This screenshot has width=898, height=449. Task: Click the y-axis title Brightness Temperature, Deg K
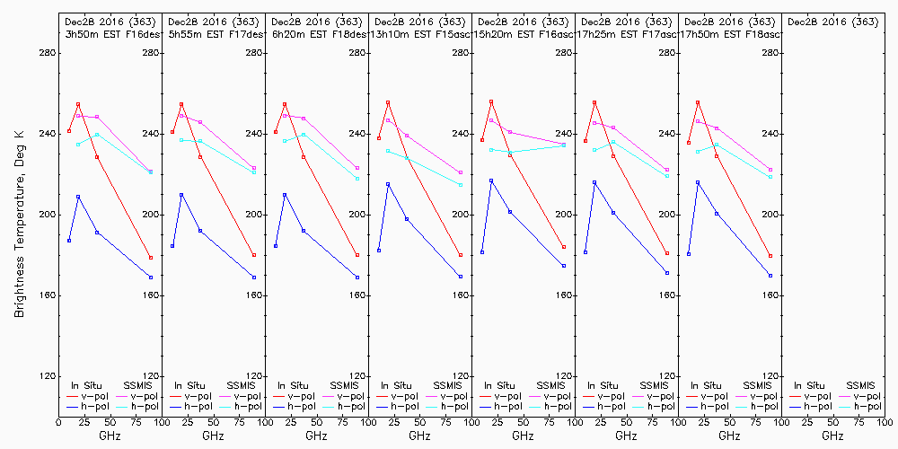point(19,219)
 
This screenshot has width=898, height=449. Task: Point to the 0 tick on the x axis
point(58,420)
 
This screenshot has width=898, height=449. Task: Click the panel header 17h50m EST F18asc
point(730,33)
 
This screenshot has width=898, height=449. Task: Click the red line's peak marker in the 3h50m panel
point(78,104)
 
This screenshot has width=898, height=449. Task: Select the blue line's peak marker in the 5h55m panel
point(181,194)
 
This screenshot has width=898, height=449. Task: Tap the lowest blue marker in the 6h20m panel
point(357,277)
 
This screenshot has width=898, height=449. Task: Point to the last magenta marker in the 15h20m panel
point(564,144)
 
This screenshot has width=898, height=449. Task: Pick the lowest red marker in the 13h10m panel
point(461,255)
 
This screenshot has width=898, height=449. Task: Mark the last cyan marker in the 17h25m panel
point(667,176)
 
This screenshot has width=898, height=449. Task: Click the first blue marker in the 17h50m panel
point(689,254)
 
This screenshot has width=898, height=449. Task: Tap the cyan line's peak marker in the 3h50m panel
point(97,135)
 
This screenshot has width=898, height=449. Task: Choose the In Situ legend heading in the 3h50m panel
point(88,384)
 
